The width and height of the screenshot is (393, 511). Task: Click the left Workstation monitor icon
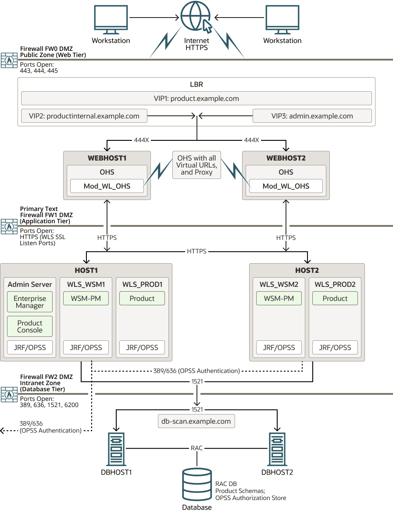(x=111, y=20)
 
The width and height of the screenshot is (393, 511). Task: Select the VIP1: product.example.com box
(x=196, y=98)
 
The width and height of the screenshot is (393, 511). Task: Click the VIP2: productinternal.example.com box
(x=84, y=116)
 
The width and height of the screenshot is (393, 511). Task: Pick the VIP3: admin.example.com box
(x=312, y=116)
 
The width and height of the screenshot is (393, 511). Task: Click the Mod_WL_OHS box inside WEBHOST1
(x=107, y=186)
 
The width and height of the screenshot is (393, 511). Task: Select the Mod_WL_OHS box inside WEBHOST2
(x=286, y=186)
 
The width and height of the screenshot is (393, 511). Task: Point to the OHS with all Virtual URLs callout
(x=196, y=165)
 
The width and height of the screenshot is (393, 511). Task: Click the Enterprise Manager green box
(x=30, y=302)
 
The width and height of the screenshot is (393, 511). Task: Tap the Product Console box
(x=30, y=326)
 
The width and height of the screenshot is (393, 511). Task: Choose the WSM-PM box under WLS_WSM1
(x=86, y=298)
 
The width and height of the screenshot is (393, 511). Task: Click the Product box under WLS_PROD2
(x=335, y=298)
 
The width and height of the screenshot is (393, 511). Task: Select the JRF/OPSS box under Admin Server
(x=30, y=347)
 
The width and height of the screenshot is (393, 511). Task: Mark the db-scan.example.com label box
(x=196, y=421)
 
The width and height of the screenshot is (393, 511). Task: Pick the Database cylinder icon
(x=196, y=485)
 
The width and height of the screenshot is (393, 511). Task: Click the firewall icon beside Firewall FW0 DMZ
(x=9, y=60)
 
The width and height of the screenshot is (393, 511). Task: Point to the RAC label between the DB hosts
(x=196, y=448)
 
